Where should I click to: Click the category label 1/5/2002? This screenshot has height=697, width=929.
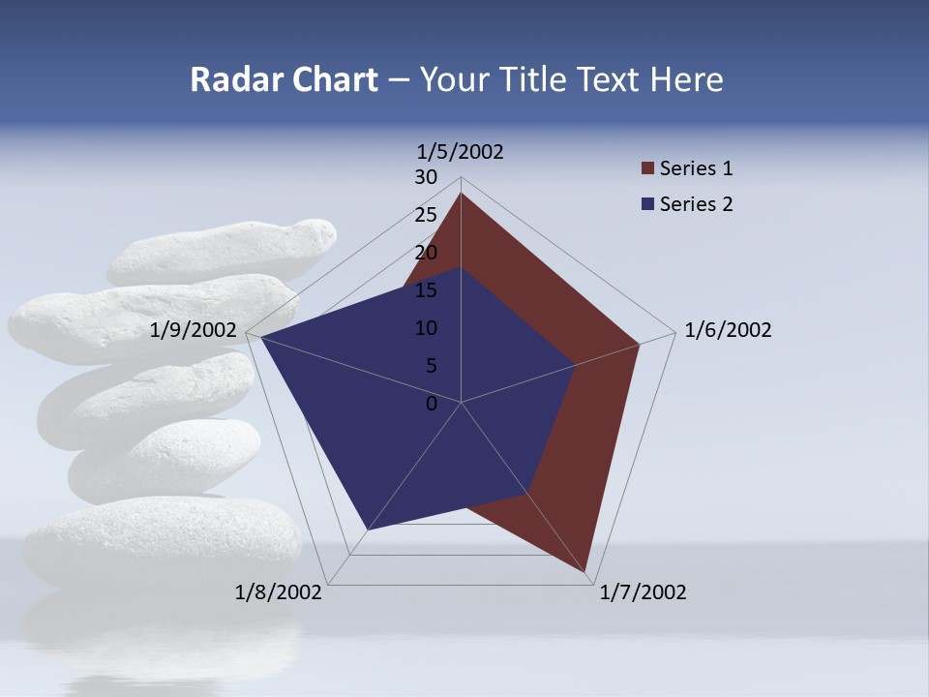(x=460, y=151)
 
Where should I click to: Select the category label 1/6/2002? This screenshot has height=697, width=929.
(x=728, y=330)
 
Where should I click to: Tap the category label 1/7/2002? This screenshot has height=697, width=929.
(x=643, y=592)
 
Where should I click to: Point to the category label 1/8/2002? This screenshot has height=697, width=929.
(x=279, y=592)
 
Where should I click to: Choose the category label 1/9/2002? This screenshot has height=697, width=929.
(x=194, y=330)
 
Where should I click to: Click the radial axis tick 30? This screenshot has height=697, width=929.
(x=426, y=177)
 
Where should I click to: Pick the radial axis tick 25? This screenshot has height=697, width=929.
(x=426, y=215)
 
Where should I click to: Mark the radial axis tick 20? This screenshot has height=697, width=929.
(x=426, y=253)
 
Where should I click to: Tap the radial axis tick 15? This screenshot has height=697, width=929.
(x=426, y=290)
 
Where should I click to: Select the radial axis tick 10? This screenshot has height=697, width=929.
(x=426, y=328)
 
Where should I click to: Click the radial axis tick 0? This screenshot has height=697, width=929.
(x=432, y=404)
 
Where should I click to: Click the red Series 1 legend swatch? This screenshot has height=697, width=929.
(x=647, y=169)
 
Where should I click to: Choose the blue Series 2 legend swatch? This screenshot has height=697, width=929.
(x=647, y=204)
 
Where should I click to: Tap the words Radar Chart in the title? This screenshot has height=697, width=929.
(x=284, y=79)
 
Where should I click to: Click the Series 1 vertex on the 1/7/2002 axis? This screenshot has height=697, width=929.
(x=585, y=572)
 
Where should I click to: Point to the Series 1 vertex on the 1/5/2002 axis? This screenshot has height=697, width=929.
(x=461, y=194)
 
